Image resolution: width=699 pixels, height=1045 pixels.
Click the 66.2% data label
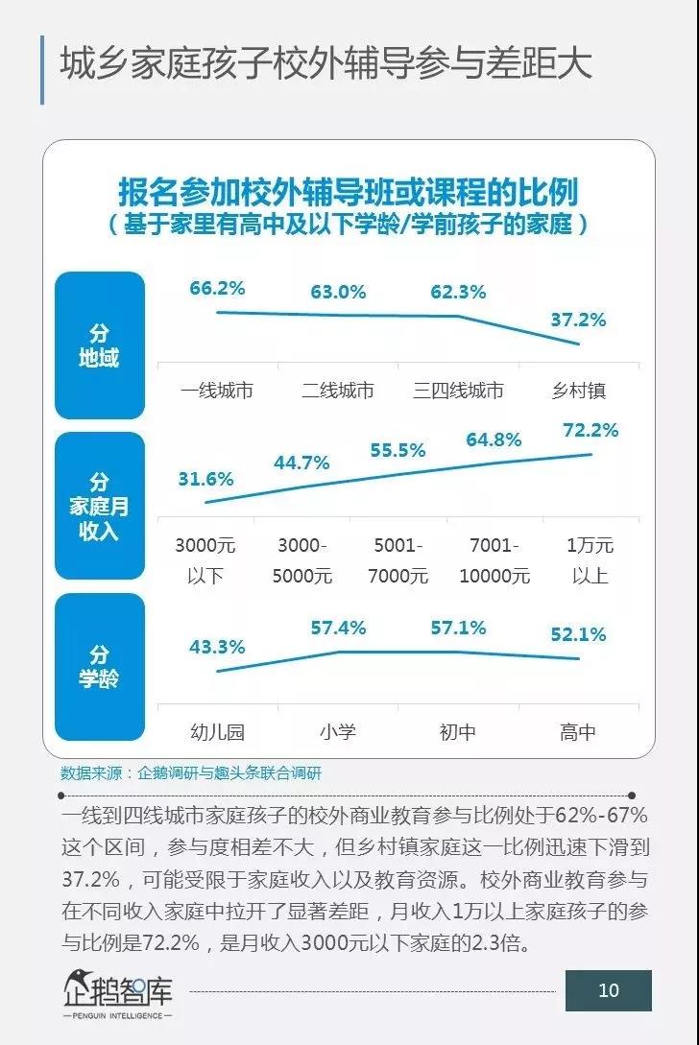(x=218, y=288)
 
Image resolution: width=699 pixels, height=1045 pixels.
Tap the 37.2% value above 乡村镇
(x=579, y=320)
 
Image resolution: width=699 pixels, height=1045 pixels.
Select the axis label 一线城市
(x=218, y=391)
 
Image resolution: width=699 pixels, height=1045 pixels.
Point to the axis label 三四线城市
(x=458, y=391)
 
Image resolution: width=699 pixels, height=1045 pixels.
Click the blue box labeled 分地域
(x=99, y=345)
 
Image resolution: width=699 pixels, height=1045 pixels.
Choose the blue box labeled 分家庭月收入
(x=99, y=506)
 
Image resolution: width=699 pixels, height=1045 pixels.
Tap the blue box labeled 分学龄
(x=99, y=667)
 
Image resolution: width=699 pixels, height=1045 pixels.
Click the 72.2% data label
(x=591, y=430)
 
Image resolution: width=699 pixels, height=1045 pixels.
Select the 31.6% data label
(x=205, y=478)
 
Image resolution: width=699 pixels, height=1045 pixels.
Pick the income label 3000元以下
(x=205, y=560)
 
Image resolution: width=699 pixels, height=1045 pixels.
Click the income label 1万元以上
(x=591, y=560)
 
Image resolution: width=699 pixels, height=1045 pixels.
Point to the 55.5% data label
(x=398, y=450)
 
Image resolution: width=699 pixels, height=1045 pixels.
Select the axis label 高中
(x=578, y=732)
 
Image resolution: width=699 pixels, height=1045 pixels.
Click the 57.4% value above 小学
(x=338, y=628)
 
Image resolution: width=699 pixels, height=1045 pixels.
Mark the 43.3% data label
(x=217, y=647)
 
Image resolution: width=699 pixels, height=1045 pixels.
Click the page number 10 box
(x=608, y=990)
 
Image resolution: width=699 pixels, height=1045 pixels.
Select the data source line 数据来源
(x=191, y=772)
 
